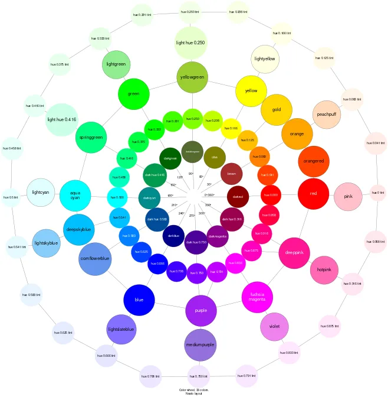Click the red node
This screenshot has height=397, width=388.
[313, 194]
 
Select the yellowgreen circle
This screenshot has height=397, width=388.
[192, 77]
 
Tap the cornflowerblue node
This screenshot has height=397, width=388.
[94, 259]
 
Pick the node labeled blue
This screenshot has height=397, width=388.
[139, 300]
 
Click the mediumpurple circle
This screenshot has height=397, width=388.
[200, 345]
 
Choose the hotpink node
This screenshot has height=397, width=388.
[324, 270]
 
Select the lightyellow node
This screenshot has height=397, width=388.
[265, 59]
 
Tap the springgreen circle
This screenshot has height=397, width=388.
[91, 138]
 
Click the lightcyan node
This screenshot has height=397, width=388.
[41, 193]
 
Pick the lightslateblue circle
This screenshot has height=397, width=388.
[121, 329]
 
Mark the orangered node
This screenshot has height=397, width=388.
[313, 161]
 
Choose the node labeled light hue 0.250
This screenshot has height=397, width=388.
[190, 43]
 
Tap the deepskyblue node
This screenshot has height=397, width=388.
[78, 229]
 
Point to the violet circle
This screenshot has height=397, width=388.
[274, 327]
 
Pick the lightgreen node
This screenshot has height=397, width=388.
[116, 64]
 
